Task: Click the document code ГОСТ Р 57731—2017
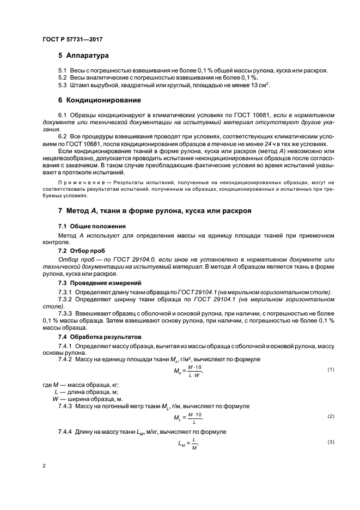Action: click(x=72, y=40)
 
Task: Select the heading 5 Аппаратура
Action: click(x=84, y=56)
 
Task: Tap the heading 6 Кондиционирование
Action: click(x=100, y=100)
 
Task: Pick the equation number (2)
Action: click(x=330, y=416)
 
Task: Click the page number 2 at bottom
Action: click(x=44, y=466)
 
